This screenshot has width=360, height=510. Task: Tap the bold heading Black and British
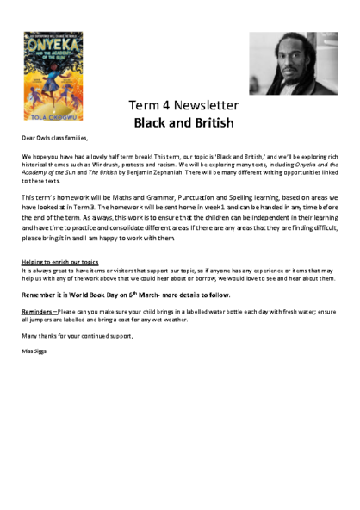(x=183, y=122)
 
